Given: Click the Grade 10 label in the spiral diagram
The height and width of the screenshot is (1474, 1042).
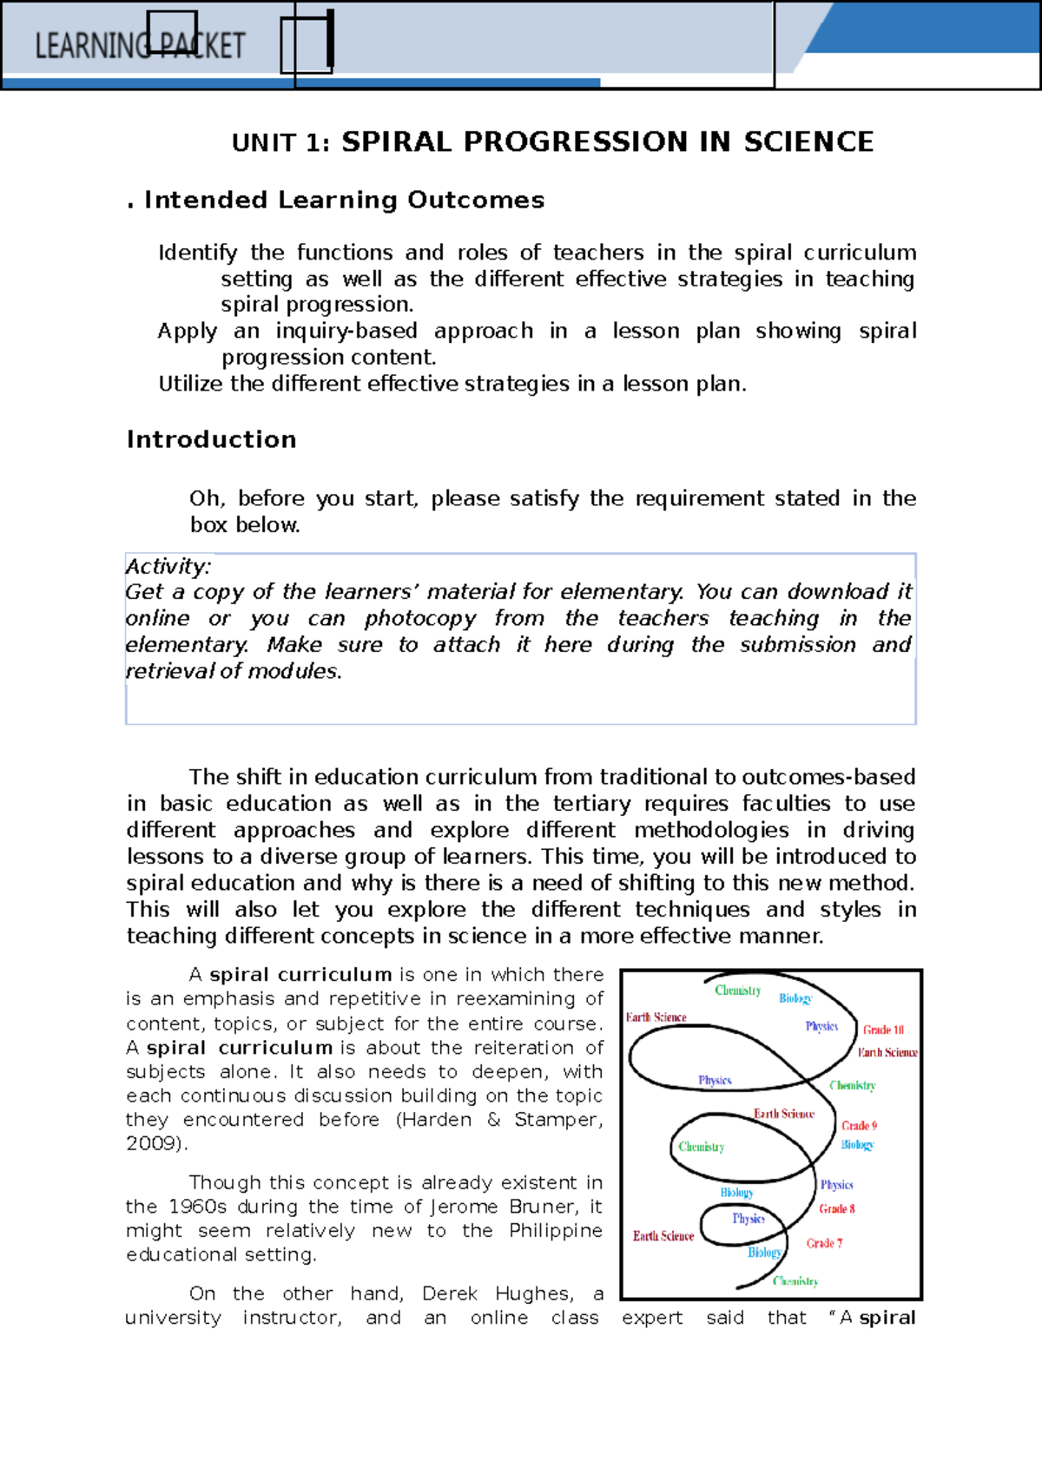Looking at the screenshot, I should (883, 1030).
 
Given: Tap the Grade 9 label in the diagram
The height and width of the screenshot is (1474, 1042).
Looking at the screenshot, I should (859, 1125).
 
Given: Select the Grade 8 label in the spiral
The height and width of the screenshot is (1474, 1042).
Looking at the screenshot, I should (837, 1208).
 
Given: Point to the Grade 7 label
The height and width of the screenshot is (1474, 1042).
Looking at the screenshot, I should (824, 1243).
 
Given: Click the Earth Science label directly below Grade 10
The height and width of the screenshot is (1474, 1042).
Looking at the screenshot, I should (887, 1052).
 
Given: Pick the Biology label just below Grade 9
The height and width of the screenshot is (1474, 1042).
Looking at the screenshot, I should (857, 1145).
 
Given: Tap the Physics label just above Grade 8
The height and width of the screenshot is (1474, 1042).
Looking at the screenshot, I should (836, 1185).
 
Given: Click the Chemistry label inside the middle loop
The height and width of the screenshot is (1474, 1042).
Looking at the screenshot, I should (702, 1147).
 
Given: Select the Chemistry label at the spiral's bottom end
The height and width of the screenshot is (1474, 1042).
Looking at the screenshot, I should (795, 1281).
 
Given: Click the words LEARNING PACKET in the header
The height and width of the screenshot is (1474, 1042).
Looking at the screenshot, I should (140, 46).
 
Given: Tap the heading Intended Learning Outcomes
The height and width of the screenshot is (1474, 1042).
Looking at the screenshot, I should (344, 200).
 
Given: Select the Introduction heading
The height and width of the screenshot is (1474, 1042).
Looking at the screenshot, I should (211, 439).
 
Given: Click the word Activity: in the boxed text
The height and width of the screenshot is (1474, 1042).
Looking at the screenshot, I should (168, 567).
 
